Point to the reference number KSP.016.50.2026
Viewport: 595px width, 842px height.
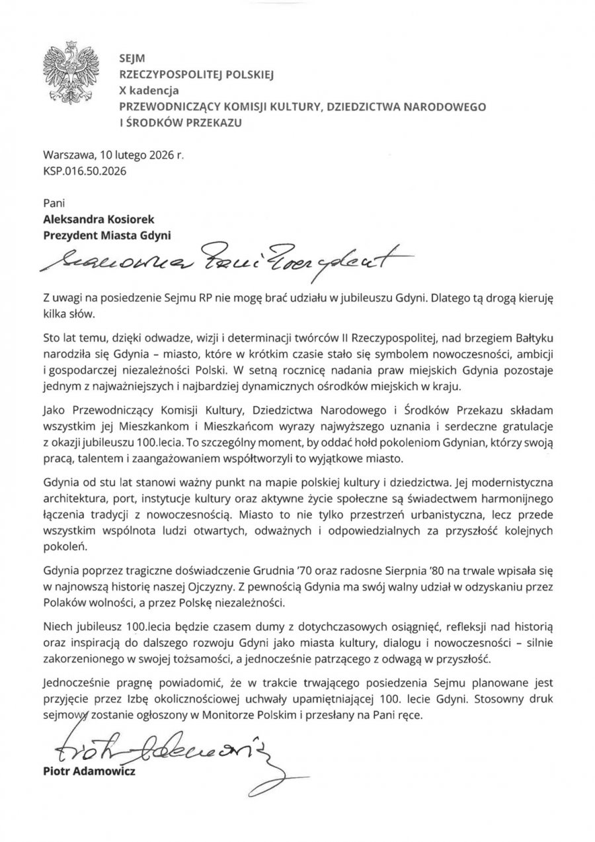[84, 171]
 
